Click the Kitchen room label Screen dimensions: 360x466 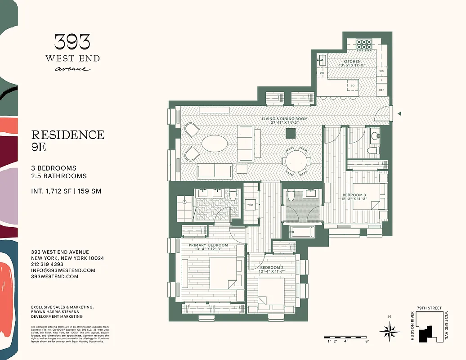(x=352, y=61)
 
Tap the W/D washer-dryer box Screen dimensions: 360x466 (x=250, y=205)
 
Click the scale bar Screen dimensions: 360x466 (x=348, y=337)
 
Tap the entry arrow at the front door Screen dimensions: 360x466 (x=399, y=114)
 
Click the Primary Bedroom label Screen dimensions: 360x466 (x=208, y=245)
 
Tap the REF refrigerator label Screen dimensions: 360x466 (x=382, y=90)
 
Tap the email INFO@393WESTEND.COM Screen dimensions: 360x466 (x=63, y=270)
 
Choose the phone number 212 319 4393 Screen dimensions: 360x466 (x=47, y=265)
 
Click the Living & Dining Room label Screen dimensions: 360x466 (x=285, y=119)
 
